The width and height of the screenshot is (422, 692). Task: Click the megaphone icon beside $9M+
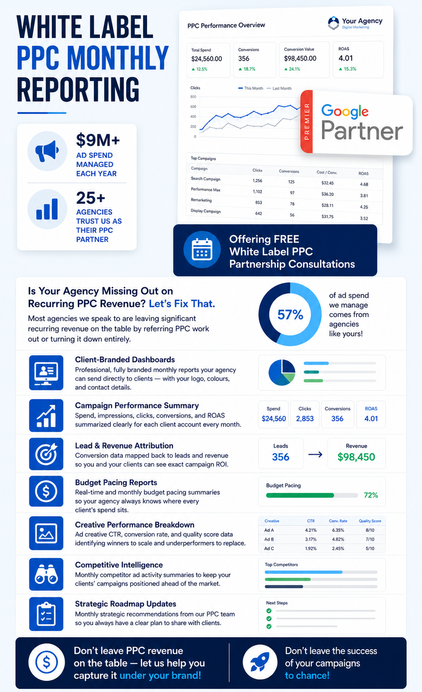pos(47,151)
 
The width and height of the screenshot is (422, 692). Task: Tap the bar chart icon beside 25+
pos(47,209)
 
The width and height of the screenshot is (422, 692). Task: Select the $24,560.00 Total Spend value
pos(206,59)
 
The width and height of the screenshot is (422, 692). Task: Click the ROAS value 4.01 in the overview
pos(345,58)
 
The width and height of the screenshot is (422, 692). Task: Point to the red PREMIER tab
pos(306,122)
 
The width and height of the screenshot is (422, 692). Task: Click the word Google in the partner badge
pos(345,112)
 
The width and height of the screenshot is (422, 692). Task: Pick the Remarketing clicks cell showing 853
pos(259,203)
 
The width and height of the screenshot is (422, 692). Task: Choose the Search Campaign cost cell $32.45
pos(328,183)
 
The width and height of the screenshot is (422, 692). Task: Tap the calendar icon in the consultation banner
pos(202,249)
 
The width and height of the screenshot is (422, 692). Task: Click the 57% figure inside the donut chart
pos(290,315)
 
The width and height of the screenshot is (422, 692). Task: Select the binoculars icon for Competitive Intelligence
pos(46,574)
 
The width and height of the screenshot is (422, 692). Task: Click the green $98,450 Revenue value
pos(356,457)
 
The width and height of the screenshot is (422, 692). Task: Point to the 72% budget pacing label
pos(371,495)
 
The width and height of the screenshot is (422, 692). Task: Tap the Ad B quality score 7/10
pos(370,539)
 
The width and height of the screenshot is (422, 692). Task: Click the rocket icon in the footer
pos(259,662)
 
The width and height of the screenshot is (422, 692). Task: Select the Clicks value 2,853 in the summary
pos(305,418)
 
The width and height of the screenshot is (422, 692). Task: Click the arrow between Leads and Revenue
pos(316,455)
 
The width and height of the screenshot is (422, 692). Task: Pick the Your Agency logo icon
pos(333,23)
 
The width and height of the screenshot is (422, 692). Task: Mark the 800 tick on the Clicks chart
pos(193,97)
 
